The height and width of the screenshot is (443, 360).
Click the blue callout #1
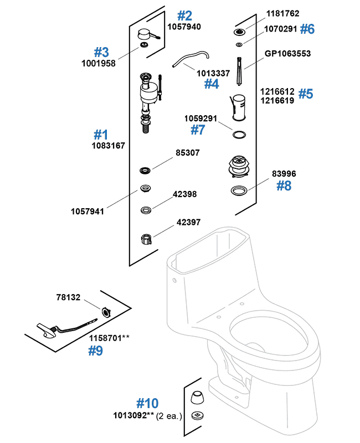pyautogui.click(x=100, y=135)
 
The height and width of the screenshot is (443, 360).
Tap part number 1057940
pyautogui.click(x=184, y=27)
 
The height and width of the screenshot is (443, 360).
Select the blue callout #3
pyautogui.click(x=101, y=52)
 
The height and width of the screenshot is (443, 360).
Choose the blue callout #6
pyautogui.click(x=307, y=29)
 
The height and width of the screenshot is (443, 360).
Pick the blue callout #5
pyautogui.click(x=306, y=94)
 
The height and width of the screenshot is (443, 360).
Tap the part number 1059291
pyautogui.click(x=201, y=118)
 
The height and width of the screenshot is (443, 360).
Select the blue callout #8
pyautogui.click(x=284, y=186)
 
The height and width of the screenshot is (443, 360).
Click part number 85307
pyautogui.click(x=188, y=152)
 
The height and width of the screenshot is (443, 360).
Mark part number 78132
pyautogui.click(x=69, y=297)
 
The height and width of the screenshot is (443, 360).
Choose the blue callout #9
pyautogui.click(x=96, y=351)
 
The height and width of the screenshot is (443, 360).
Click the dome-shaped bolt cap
pyautogui.click(x=197, y=398)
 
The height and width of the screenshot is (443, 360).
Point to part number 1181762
pyautogui.click(x=282, y=13)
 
